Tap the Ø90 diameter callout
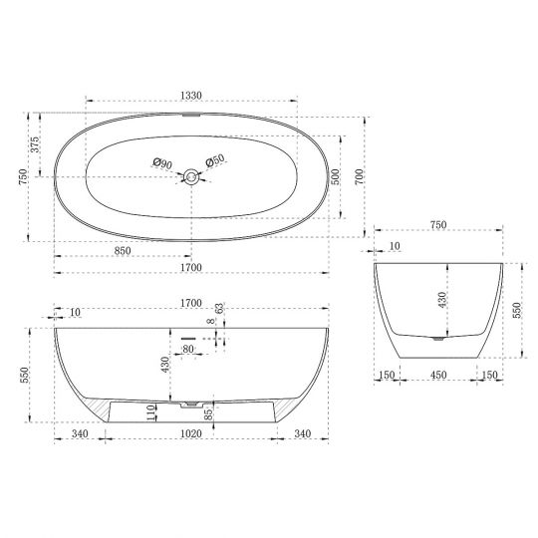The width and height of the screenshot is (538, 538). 162,162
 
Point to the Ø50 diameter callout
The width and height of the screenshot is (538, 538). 215,162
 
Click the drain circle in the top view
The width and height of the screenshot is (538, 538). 190,177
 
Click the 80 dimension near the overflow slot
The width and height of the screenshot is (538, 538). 187,350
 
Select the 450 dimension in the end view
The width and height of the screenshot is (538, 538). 437,376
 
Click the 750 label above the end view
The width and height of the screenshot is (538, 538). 437,226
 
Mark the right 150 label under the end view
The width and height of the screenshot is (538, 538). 488,376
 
